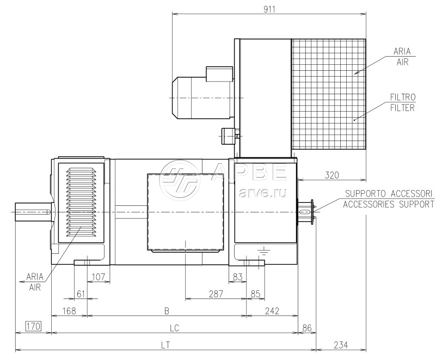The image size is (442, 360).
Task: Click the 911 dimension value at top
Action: tap(269, 9)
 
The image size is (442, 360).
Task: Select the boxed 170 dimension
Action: tap(34, 326)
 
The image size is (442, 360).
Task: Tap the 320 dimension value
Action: tap(331, 175)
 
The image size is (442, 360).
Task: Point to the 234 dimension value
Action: tap(341, 345)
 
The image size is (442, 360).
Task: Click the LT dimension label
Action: tap(165, 345)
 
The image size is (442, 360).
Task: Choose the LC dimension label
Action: tap(175, 328)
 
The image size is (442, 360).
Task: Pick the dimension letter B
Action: tap(167, 311)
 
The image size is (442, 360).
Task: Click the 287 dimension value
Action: tap(216, 294)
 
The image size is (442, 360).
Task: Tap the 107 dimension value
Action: tap(99, 277)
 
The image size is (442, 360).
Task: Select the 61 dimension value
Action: tap(81, 294)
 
